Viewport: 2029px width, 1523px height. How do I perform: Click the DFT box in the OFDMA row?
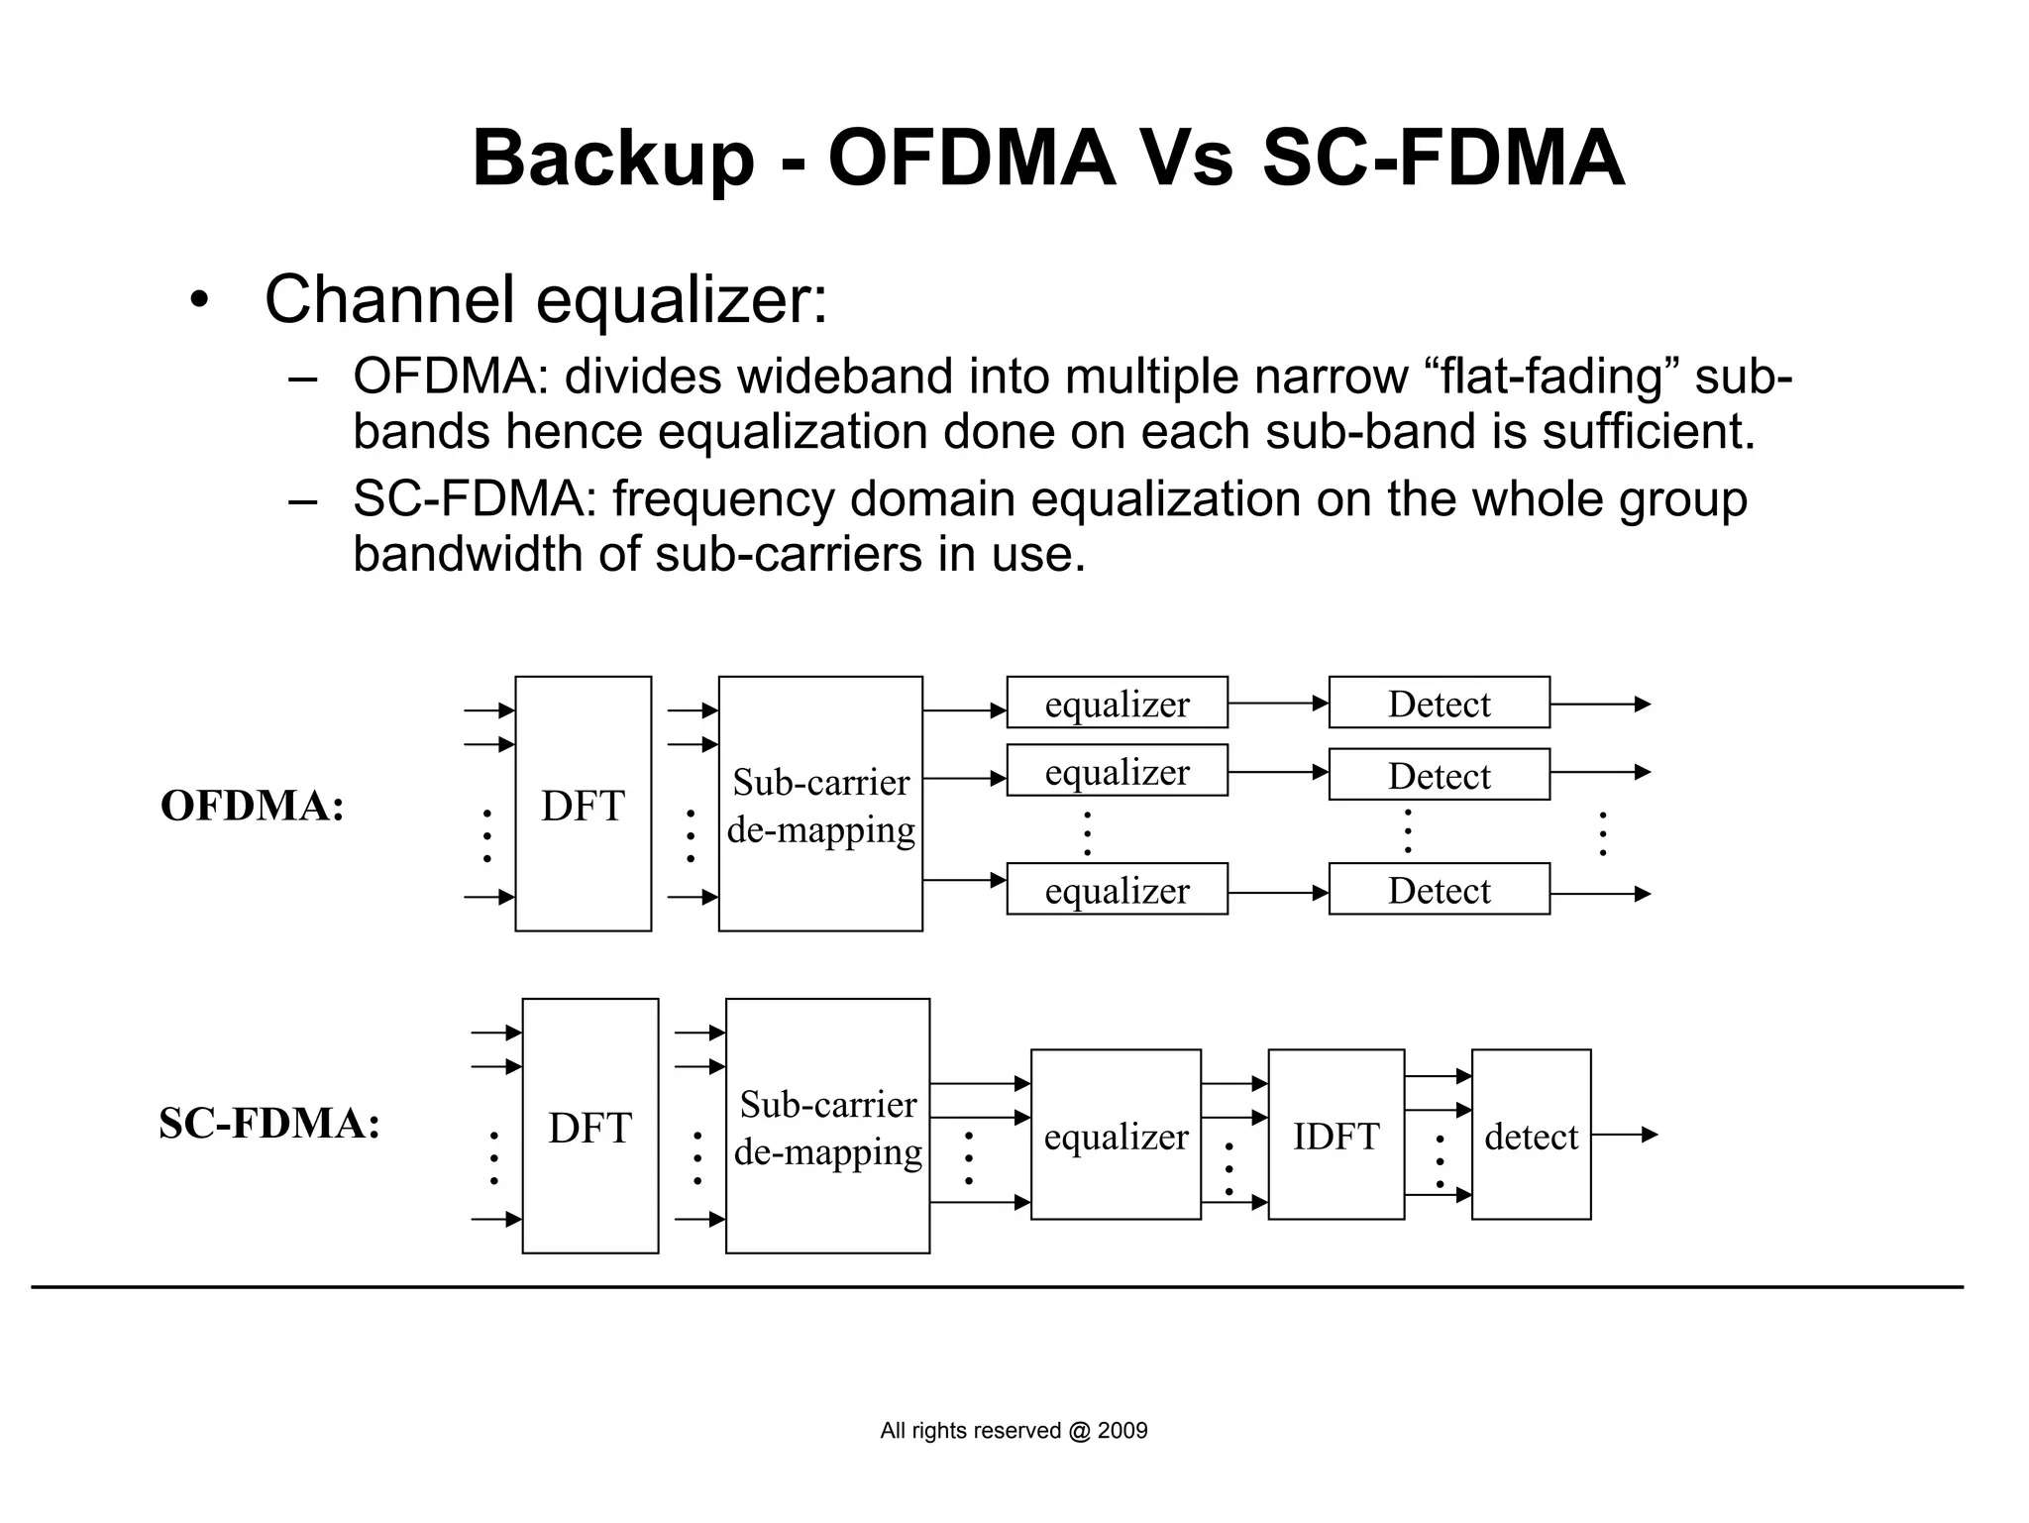point(583,804)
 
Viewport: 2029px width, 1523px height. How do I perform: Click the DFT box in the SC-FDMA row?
point(589,1126)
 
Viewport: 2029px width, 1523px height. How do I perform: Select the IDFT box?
point(1335,1135)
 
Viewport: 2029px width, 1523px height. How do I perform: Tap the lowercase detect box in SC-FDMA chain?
point(1531,1135)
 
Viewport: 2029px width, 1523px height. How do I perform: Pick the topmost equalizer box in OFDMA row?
point(1117,703)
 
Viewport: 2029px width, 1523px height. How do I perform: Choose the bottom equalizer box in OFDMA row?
point(1117,889)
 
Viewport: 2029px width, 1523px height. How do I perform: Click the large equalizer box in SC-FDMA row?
point(1116,1135)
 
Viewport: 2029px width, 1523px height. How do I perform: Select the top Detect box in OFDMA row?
point(1439,703)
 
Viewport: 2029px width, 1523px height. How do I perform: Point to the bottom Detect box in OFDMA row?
point(1439,889)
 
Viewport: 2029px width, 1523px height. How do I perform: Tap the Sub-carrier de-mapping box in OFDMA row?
point(820,804)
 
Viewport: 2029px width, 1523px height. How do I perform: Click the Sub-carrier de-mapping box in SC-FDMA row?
point(827,1126)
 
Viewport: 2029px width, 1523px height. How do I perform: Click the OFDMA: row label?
point(253,806)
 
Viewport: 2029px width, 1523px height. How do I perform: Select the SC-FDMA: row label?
point(269,1124)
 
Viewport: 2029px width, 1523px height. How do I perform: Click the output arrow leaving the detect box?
point(1625,1135)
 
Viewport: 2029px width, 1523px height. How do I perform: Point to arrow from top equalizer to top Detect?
point(1278,704)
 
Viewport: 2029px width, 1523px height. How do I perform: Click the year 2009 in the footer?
point(1122,1431)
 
